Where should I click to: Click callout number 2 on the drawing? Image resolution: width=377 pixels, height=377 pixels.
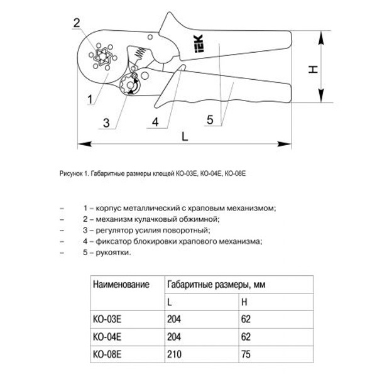[x=76, y=24]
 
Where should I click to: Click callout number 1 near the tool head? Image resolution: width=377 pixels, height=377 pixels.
[x=90, y=98]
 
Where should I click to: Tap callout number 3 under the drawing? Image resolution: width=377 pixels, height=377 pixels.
[x=107, y=122]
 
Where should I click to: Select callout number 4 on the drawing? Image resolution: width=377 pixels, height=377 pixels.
[x=153, y=122]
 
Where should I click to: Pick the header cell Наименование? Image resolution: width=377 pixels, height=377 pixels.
[x=121, y=285]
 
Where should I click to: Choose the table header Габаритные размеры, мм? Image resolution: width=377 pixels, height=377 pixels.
[x=216, y=285]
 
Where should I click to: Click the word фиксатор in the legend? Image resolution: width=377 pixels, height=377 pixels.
[x=112, y=241]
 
